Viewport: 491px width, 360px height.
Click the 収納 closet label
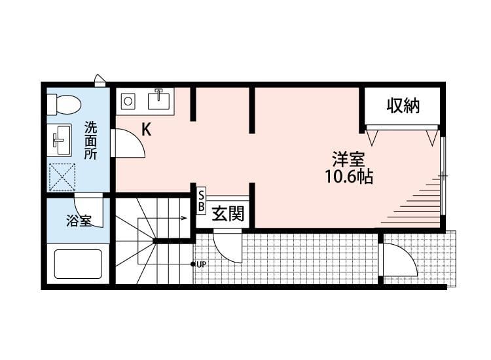[x=403, y=105]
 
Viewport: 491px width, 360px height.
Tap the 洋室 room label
[x=348, y=159]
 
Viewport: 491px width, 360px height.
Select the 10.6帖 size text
[x=349, y=177]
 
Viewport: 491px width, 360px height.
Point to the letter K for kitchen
[x=146, y=130]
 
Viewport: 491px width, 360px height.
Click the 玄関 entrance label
[x=228, y=214]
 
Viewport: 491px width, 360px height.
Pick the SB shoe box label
[x=202, y=202]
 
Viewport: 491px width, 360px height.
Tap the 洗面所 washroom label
[x=90, y=141]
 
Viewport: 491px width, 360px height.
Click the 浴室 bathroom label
[x=79, y=221]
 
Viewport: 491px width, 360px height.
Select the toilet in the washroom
[x=64, y=104]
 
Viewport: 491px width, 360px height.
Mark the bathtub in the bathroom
[x=79, y=264]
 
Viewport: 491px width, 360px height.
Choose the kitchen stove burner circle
[x=128, y=101]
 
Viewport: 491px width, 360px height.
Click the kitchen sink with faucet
[x=159, y=99]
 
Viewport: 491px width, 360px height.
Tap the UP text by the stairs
[x=201, y=264]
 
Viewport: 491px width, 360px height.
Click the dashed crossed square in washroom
[x=63, y=177]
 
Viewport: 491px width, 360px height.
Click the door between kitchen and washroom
[x=128, y=143]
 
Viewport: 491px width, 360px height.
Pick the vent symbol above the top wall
[x=100, y=80]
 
